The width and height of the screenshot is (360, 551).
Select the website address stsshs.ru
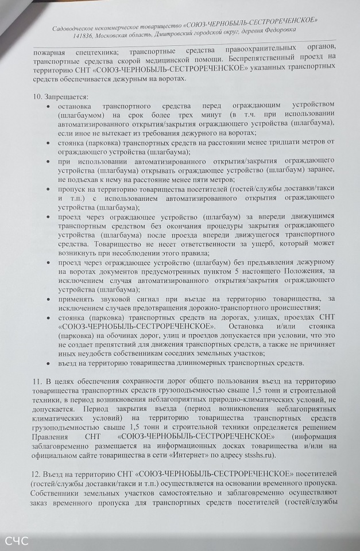click(x=258, y=455)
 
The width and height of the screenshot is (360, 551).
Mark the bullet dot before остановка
click(x=50, y=107)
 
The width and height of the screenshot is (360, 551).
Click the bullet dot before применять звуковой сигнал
click(x=50, y=299)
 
